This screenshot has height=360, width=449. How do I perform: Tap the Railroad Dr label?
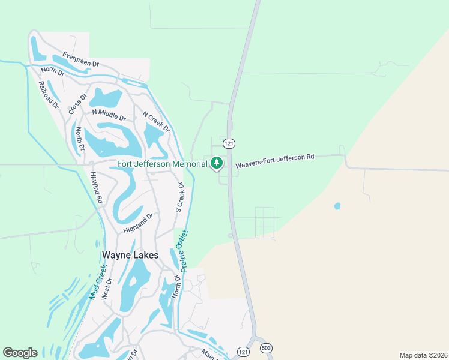49,94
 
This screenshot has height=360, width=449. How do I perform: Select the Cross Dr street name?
78,103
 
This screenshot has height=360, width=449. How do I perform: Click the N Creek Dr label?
156,122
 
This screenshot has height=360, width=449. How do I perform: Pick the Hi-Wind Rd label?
96,187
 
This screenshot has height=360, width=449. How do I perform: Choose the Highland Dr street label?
139,223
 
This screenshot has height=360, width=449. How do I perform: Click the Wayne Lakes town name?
130,255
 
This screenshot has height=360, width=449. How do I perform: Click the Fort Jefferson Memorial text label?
162,164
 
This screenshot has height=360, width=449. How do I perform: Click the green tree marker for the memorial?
216,163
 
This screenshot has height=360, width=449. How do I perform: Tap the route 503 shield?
267,349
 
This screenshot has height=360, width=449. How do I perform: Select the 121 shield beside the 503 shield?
243,351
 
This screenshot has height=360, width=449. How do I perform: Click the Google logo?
20,353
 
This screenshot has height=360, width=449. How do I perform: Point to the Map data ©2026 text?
423,355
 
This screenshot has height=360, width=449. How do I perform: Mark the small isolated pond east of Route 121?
337,206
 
